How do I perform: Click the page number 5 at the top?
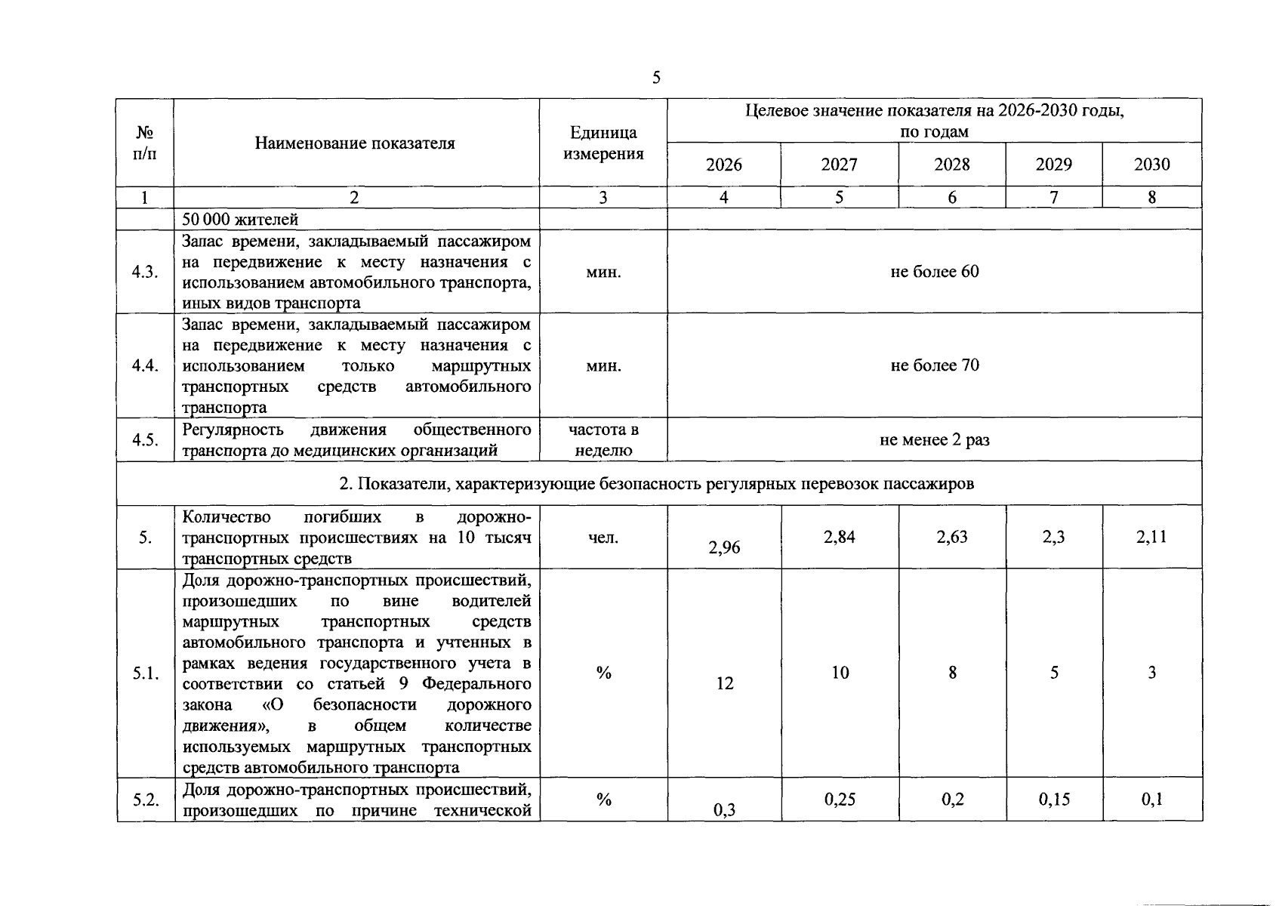click(656, 78)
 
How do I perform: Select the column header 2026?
click(723, 165)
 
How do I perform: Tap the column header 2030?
click(1151, 165)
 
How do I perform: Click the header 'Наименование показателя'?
click(355, 143)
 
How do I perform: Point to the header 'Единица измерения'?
click(603, 143)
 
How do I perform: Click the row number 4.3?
click(144, 273)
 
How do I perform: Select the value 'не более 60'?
click(934, 272)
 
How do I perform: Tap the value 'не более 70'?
click(934, 365)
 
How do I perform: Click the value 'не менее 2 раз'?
click(934, 439)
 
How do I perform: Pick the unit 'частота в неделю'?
click(603, 440)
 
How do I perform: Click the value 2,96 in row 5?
click(724, 548)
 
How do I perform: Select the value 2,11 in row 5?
click(1151, 537)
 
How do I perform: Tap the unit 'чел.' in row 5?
click(603, 538)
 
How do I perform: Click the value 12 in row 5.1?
click(724, 683)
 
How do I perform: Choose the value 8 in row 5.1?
click(952, 672)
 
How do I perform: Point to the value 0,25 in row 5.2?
click(840, 799)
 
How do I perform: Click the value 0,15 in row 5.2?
click(1054, 799)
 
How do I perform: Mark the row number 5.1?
click(144, 673)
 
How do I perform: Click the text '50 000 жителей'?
click(240, 220)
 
